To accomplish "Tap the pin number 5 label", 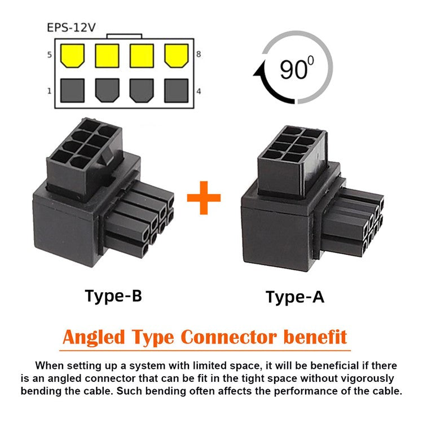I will point(50,55).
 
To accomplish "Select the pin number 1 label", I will point(50,90).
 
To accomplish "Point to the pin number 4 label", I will point(199,90).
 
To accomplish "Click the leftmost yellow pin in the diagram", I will point(72,55).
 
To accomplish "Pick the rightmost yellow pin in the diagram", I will point(177,55).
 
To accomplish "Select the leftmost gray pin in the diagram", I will point(72,90).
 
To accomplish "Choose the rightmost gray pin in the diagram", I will point(177,90).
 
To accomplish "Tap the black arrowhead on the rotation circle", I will point(261,72).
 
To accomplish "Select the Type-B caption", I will point(113,295).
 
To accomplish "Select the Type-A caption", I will point(295,297).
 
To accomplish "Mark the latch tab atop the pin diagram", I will point(124,36).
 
